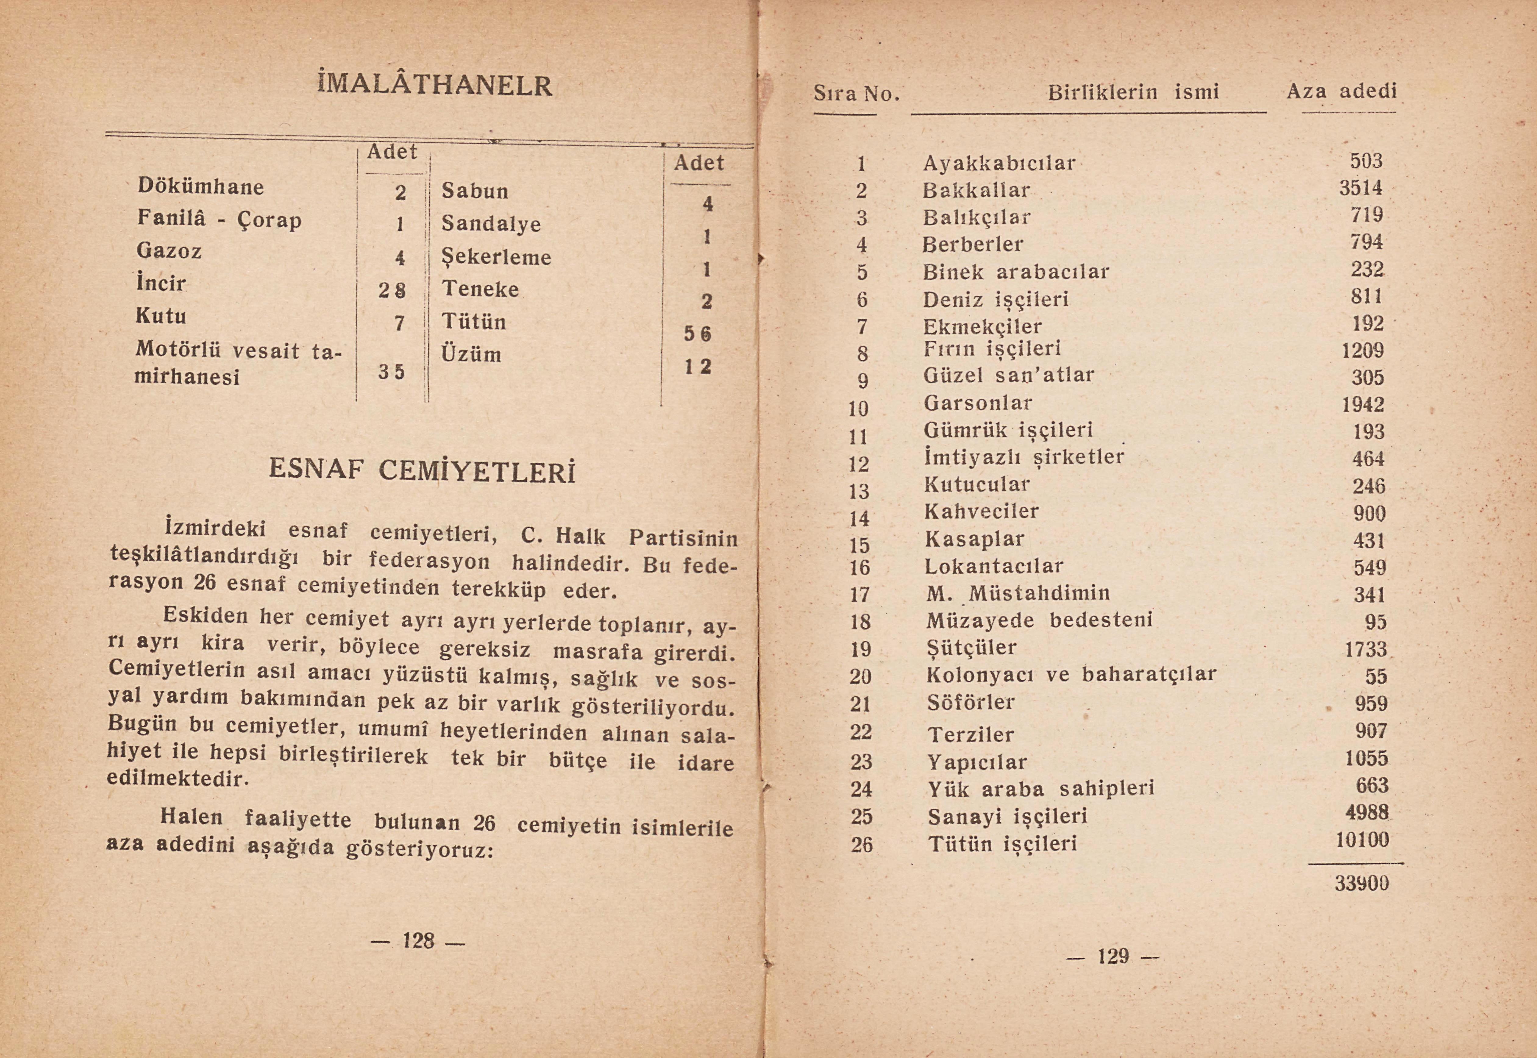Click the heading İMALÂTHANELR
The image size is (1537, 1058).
435,86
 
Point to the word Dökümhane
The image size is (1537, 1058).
201,186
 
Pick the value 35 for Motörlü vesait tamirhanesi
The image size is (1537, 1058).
391,372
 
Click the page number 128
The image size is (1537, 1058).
418,940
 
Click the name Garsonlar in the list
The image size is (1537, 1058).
978,403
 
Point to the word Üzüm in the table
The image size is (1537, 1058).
471,354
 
